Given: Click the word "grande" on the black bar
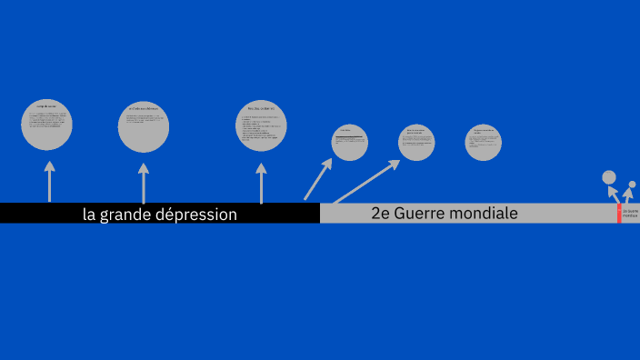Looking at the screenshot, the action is click(130, 215).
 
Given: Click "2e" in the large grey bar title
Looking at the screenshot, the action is click(381, 214).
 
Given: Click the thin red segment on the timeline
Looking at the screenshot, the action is click(619, 214).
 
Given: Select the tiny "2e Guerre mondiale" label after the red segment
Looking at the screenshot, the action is click(630, 214).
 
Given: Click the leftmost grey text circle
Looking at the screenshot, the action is click(47, 125).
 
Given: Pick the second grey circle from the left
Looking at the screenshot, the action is click(144, 127).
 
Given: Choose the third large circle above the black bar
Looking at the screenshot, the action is click(261, 125).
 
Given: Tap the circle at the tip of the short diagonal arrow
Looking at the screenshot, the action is click(349, 143).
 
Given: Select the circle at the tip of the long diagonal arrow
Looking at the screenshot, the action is click(416, 143).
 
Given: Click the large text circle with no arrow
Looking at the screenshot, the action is click(484, 143).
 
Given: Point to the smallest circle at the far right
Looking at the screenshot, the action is click(632, 185).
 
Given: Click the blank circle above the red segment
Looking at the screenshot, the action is click(609, 177).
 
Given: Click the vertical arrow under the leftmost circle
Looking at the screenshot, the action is click(49, 181).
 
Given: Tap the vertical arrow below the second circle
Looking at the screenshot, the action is click(143, 183).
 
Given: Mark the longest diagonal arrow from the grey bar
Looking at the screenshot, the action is click(366, 182).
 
